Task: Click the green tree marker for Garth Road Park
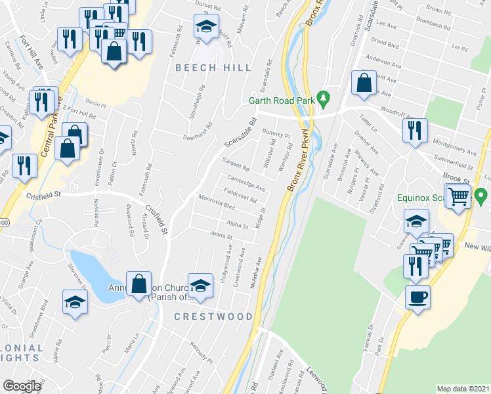point(322,98)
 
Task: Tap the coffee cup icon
point(417,297)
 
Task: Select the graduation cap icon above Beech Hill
point(206,28)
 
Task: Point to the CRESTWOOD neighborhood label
point(213,317)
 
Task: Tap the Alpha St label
point(237,225)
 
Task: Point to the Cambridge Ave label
point(246,181)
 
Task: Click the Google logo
point(22,386)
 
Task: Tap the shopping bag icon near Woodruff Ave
point(363,83)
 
